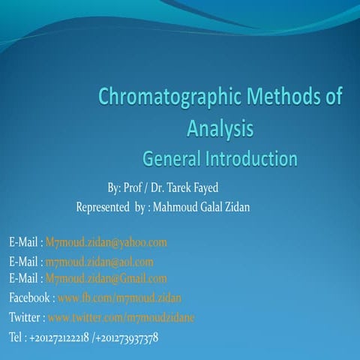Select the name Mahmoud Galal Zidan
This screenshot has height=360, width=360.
point(200,207)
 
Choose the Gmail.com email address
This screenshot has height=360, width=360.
point(106,279)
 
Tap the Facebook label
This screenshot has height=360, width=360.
point(29,298)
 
